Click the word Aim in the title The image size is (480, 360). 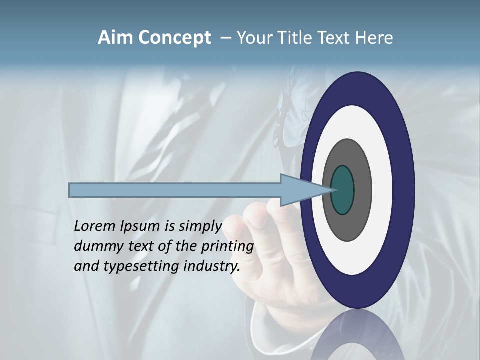[x=114, y=38]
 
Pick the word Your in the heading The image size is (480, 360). [x=255, y=38]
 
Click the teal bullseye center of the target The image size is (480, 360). [x=342, y=190]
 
